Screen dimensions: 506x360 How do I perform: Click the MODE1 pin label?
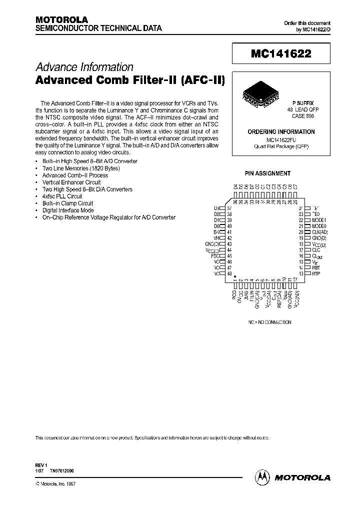point(318,220)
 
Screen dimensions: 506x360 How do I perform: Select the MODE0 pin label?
point(318,226)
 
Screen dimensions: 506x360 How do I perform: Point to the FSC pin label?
point(215,255)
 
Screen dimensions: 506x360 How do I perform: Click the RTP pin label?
point(316,273)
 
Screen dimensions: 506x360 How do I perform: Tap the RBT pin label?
point(316,267)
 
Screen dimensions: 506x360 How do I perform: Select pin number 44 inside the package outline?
point(229,249)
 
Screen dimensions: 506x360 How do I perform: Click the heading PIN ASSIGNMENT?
point(267,173)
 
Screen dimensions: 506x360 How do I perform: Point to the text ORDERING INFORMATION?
point(281,132)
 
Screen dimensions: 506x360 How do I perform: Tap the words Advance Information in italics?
point(84,67)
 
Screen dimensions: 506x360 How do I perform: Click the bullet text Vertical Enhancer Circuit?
point(71,182)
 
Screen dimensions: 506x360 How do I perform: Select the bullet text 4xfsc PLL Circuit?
point(62,196)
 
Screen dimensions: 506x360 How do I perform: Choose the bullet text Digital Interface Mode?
point(68,210)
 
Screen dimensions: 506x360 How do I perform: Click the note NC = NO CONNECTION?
point(270,322)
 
